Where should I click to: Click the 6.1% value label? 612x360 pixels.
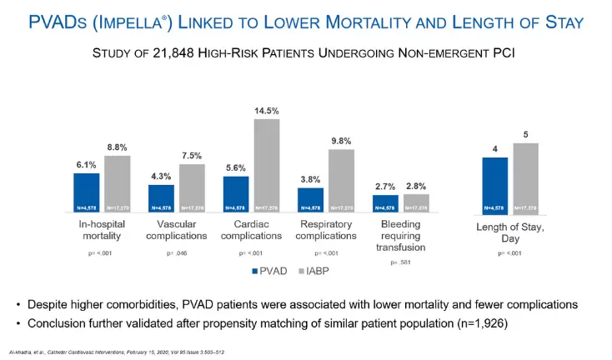(86, 165)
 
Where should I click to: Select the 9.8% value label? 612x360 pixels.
(341, 142)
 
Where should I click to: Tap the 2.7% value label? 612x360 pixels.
(385, 187)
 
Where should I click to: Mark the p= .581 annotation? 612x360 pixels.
(403, 262)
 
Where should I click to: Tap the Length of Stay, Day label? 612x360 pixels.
(510, 230)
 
